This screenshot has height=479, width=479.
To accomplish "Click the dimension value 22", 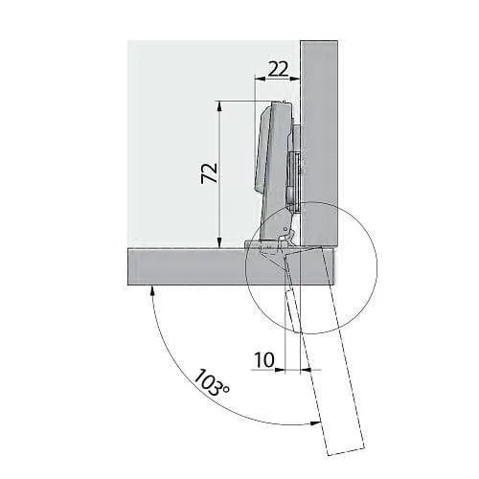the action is click(278, 69).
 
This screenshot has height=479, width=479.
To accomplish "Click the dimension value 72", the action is click(210, 173).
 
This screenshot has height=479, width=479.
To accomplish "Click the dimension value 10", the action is click(264, 360).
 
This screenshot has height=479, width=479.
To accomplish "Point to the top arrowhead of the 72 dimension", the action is click(219, 106).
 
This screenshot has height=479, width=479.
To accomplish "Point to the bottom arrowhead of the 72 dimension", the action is click(219, 243).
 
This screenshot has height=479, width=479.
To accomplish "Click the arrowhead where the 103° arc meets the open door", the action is click(315, 423).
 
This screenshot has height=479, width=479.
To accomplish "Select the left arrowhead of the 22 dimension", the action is click(260, 78).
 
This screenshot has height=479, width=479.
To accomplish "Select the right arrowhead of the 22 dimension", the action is click(295, 78).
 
